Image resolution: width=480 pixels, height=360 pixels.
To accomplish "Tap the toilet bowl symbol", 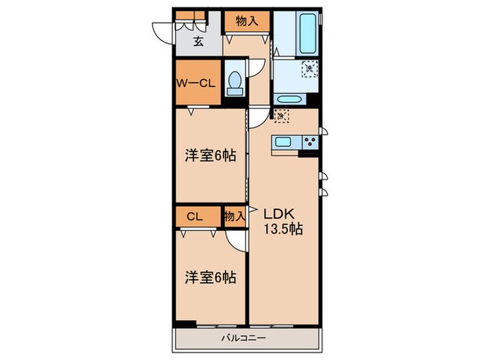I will tap(235, 83).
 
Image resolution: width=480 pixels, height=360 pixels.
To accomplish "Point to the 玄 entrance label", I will tap(197, 41).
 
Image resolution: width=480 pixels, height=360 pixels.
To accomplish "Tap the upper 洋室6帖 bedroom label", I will tap(210, 156).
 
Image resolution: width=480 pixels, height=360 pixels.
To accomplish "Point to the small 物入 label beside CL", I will tap(235, 217).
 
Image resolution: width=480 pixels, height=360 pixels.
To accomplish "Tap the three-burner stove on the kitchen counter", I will tap(309, 143).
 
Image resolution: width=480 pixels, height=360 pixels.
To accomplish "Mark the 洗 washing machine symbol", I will tap(309, 68).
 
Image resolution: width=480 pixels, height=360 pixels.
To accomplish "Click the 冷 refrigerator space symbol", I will tap(281, 116).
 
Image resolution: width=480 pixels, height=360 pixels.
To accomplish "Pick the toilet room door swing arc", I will tap(257, 69).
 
